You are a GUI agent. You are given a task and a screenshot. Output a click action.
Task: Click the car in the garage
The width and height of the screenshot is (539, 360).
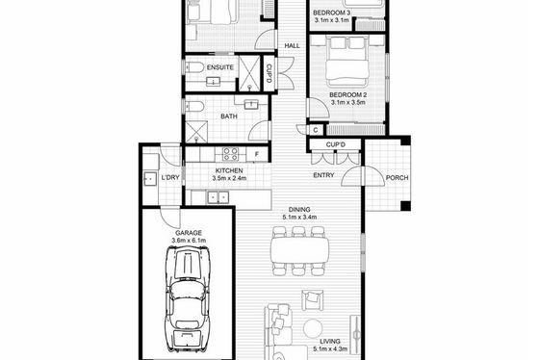pos(188,299)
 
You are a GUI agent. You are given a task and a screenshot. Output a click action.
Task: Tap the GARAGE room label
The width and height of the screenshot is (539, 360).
pos(189,233)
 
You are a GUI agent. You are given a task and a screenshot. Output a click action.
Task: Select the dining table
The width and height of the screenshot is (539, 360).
pos(299,250)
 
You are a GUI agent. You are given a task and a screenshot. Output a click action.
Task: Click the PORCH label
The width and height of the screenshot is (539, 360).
pos(397,178)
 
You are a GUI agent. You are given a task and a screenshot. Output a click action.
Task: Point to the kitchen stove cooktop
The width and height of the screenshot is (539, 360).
pos(230,154)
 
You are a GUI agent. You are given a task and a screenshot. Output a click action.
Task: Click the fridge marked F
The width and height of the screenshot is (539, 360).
pos(257,154)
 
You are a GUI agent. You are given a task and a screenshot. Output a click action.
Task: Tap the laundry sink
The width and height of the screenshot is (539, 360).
pos(150,179)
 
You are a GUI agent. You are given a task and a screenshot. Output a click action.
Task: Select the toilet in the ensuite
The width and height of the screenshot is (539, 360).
pos(193,67)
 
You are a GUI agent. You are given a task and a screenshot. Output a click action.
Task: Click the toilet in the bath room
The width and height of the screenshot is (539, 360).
pos(194,107)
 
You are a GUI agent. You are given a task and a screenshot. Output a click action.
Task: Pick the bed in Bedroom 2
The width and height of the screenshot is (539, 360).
pos(346,62)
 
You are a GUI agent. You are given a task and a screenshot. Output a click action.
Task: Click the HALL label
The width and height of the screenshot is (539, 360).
pos(292,46)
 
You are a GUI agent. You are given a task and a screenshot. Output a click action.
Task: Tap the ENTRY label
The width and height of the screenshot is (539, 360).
pos(323,175)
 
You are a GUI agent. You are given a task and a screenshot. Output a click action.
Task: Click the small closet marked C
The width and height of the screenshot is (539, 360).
pos(316,130)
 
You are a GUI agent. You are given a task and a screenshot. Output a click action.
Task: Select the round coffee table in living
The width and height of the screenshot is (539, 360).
pos(313,328)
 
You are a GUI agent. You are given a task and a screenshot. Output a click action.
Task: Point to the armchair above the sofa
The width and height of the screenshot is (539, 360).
pos(313,300)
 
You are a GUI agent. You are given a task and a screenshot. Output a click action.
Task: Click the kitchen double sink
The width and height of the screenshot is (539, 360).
pos(218,197)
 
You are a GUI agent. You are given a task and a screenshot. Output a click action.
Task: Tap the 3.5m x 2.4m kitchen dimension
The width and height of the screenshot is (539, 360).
pos(229,178)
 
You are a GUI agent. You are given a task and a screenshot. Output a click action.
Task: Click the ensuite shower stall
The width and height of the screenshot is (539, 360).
pos(250,73)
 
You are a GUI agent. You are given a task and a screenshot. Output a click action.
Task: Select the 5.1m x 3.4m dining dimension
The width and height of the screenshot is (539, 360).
pos(299,217)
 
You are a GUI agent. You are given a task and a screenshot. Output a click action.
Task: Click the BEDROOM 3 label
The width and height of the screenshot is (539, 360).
pos(331,13)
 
